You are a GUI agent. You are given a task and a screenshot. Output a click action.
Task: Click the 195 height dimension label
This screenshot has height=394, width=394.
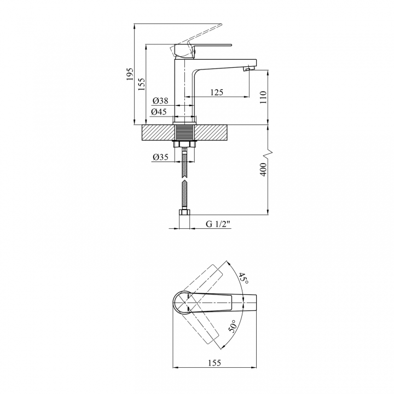[130, 74]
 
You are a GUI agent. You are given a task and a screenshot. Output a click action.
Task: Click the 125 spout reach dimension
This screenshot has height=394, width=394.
[217, 92]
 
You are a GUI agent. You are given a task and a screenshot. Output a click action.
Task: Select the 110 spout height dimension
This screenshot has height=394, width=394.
[263, 97]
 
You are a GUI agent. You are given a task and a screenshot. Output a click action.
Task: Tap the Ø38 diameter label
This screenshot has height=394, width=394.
[160, 101]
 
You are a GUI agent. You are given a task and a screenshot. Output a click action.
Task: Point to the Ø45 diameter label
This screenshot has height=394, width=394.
[159, 112]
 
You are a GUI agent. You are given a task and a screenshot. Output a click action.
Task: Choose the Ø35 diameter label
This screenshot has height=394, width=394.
[160, 157]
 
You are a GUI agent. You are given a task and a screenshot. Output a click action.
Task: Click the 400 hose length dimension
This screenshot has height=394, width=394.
[263, 169]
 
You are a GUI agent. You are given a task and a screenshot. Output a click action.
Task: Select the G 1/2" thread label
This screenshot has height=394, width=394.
[218, 224]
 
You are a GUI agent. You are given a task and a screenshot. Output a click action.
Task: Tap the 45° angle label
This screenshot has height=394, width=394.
[243, 278]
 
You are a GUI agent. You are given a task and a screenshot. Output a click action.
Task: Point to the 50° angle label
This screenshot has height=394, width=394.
[233, 326]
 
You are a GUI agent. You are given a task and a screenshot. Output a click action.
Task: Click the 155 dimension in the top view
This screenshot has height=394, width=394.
[215, 363]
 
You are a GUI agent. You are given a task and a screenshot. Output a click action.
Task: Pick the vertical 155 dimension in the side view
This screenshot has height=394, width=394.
[142, 84]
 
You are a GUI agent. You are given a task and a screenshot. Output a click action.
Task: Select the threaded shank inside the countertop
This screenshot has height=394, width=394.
[184, 132]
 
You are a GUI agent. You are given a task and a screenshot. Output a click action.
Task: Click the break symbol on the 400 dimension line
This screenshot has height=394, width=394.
[268, 153]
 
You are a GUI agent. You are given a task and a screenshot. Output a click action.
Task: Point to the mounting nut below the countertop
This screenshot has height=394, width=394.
[184, 144]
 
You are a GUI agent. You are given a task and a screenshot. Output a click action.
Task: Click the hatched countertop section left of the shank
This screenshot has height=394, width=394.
[158, 132]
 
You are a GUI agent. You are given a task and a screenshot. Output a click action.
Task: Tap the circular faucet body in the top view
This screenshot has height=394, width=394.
[182, 303]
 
